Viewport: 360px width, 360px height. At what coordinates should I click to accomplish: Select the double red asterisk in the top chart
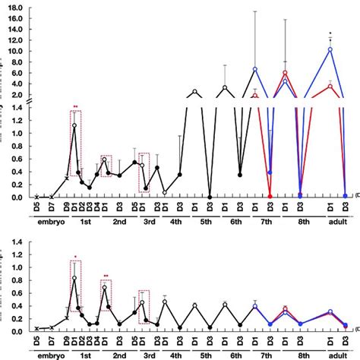coord(75,107)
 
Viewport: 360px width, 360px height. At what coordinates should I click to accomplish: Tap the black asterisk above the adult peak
coord(330,33)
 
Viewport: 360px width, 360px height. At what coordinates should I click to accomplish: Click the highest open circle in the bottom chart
coord(74,279)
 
